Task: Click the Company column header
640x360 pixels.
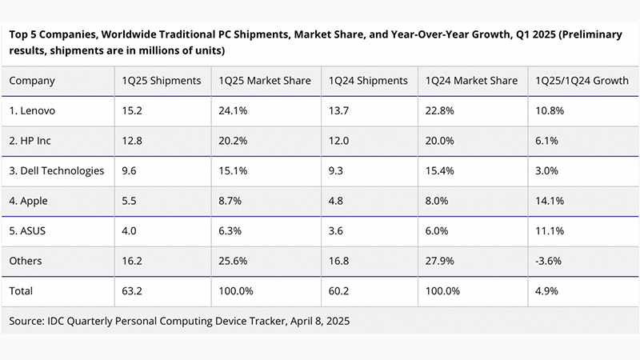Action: [x=33, y=81]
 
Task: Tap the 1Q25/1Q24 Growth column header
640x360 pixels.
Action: [x=576, y=81]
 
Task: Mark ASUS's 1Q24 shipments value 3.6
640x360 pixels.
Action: [x=335, y=231]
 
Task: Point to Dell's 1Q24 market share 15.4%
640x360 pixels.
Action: [x=441, y=170]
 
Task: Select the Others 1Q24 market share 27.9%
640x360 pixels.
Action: [x=441, y=261]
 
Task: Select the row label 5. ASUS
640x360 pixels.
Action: [x=30, y=231]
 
